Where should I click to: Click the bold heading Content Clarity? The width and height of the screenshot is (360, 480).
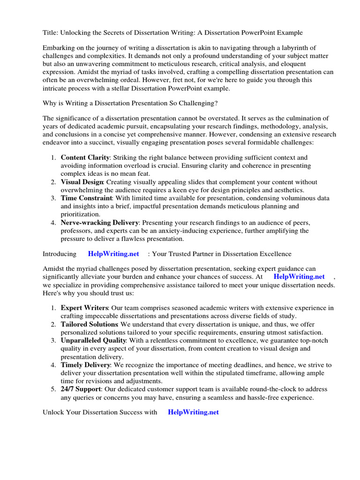click(85, 158)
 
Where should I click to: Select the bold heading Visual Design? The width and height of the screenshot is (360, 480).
click(82, 182)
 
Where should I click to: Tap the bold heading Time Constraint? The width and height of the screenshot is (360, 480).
click(86, 198)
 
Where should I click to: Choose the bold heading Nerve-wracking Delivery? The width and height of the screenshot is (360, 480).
click(99, 222)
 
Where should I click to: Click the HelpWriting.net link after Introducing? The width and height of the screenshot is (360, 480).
click(113, 254)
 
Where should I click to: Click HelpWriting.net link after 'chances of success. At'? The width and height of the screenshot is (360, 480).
click(299, 277)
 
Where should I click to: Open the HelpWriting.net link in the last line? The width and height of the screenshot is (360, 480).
click(193, 412)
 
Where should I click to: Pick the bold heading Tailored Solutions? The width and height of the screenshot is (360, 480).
click(89, 324)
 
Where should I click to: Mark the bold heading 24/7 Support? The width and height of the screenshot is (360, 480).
click(81, 389)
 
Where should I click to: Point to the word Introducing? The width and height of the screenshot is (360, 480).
click(60, 254)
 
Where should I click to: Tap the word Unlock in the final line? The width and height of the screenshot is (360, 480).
click(52, 412)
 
